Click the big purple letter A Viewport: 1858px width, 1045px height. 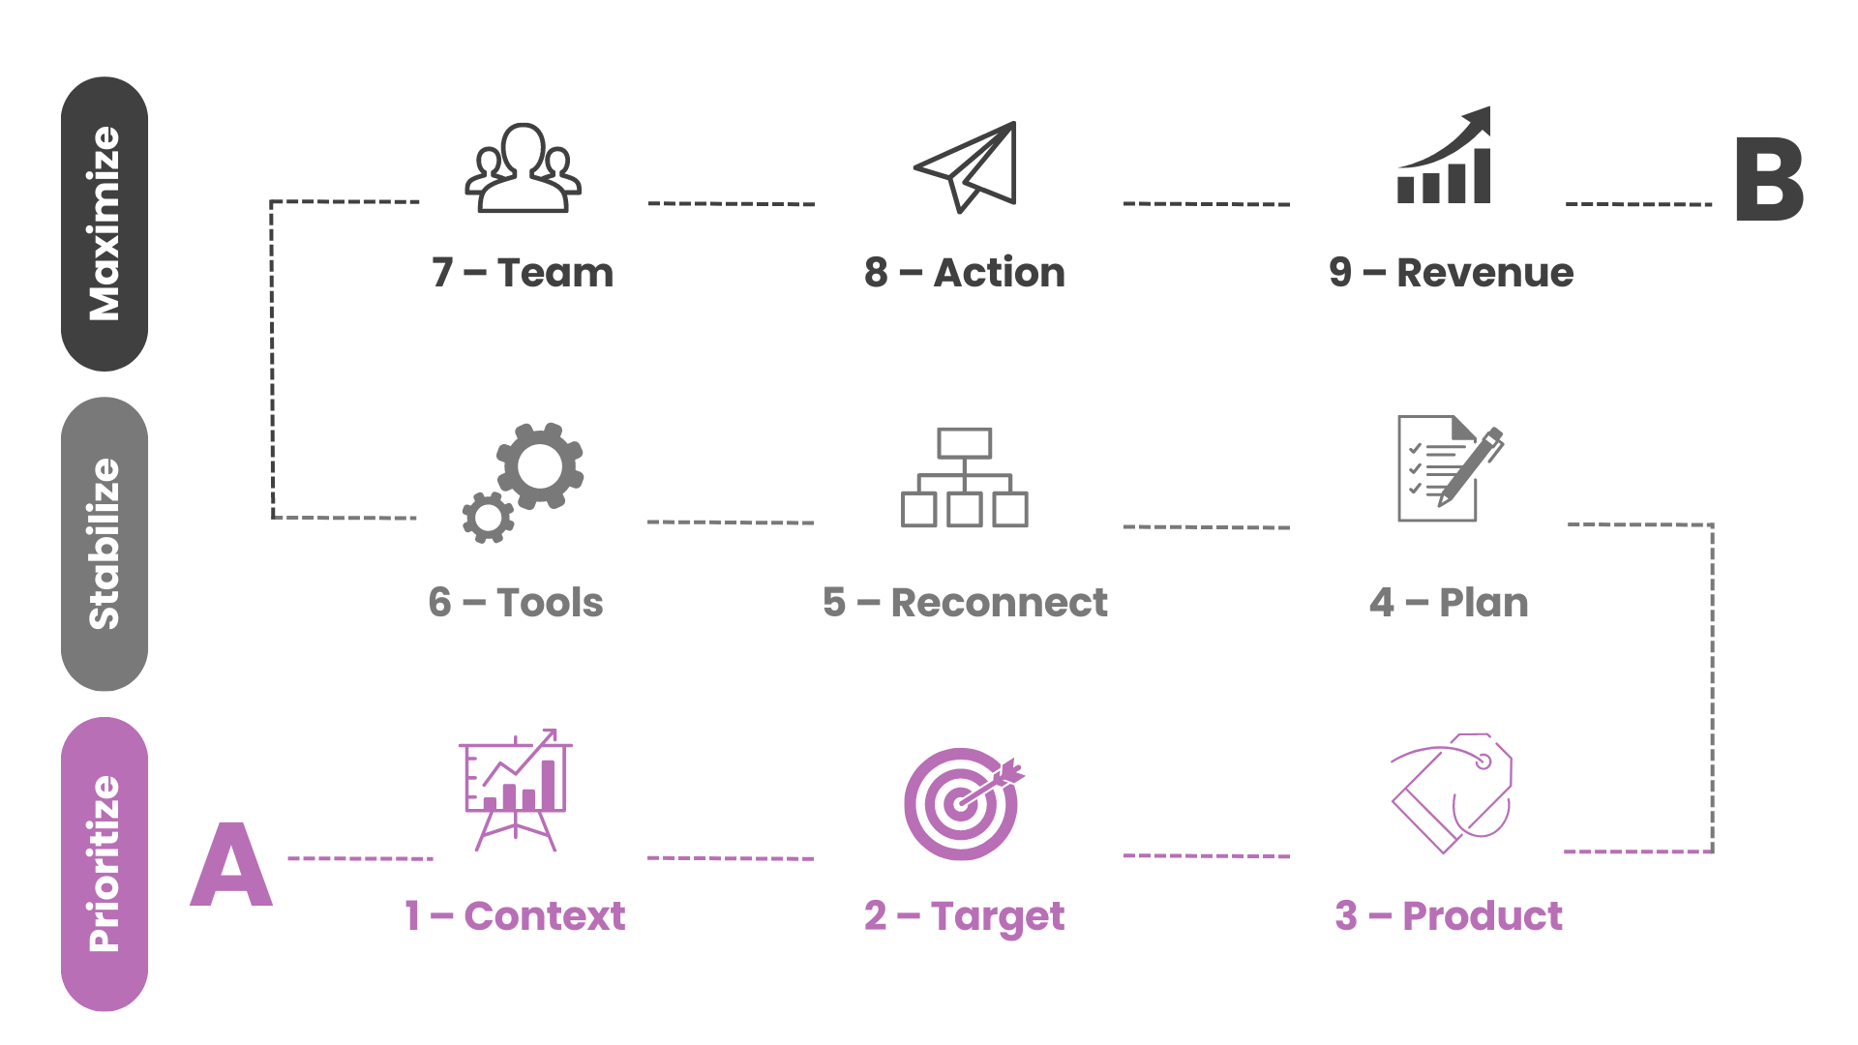coord(230,866)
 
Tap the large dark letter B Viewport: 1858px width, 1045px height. coord(1769,180)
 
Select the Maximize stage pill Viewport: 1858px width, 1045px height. coord(105,224)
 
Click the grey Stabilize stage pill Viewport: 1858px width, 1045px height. coord(105,544)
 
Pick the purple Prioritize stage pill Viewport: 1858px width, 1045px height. coord(105,864)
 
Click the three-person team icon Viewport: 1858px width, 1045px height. coord(523,168)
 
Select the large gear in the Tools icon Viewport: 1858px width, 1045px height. coord(540,466)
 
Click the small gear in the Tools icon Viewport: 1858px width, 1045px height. coord(488,518)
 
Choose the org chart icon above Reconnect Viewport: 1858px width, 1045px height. coord(964,478)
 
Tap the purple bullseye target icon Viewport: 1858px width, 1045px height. coord(962,803)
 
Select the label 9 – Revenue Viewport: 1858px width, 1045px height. coord(1451,273)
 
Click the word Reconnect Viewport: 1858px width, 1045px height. coord(999,603)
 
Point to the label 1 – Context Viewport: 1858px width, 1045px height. coord(515,915)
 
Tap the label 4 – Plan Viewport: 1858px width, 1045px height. coord(1449,603)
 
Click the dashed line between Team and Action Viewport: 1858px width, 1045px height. coord(732,204)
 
